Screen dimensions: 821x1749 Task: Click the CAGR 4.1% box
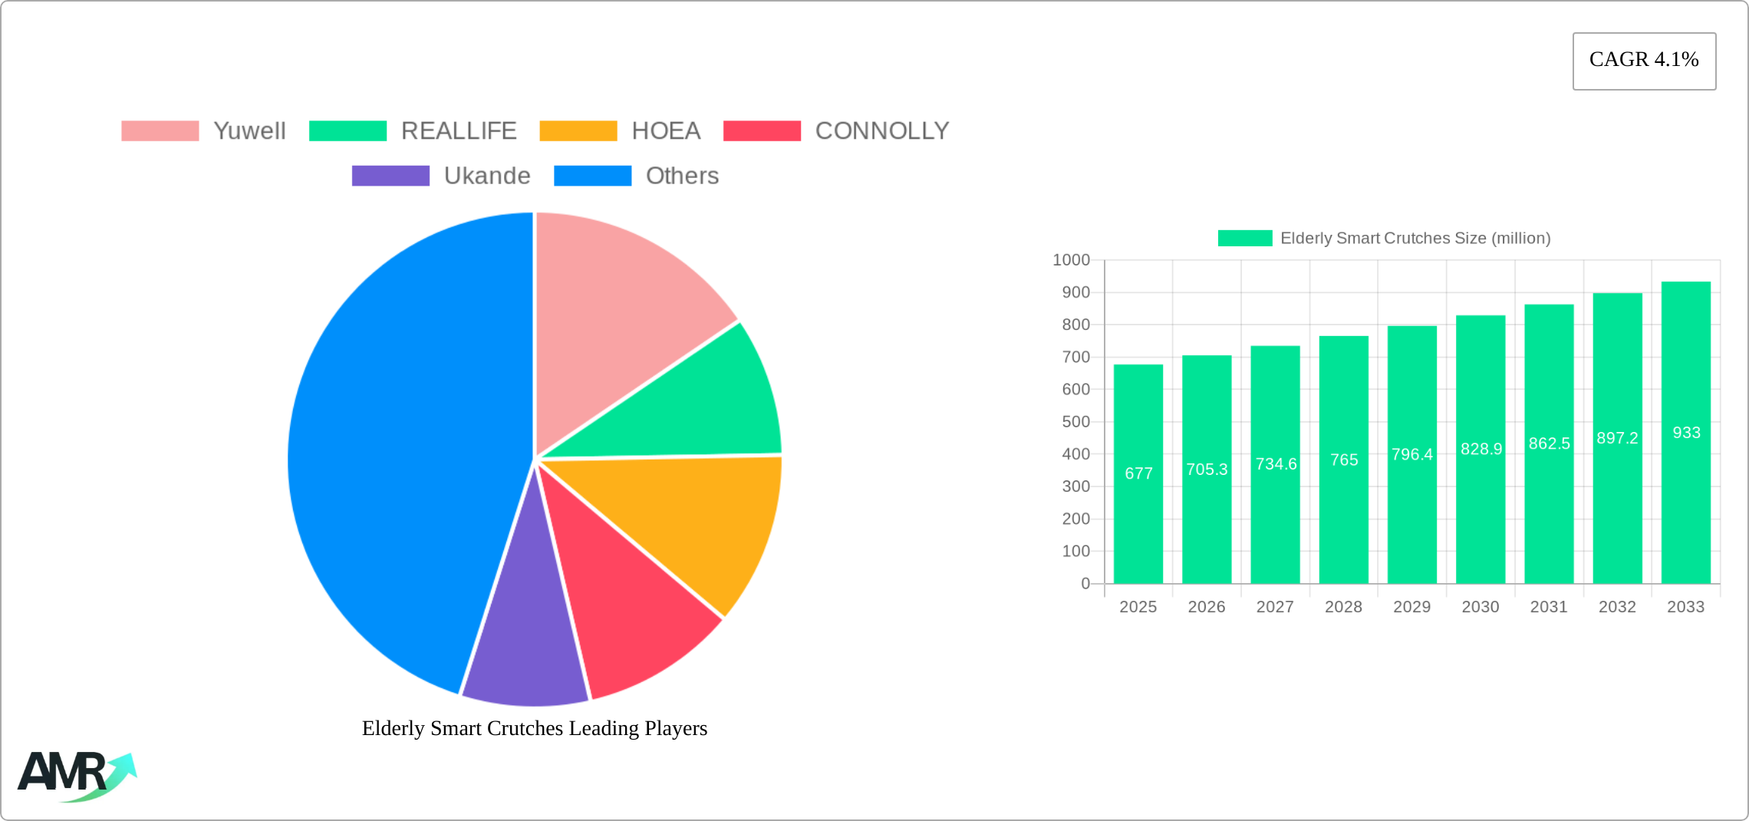click(1644, 61)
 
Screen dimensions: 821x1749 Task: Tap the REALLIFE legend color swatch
click(347, 131)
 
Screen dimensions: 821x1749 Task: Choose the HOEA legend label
click(666, 131)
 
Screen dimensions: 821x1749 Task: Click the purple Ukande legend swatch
click(390, 176)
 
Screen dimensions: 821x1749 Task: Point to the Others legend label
click(682, 176)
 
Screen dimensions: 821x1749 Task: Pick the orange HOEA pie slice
click(690, 522)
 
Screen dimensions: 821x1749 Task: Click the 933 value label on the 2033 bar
click(1686, 433)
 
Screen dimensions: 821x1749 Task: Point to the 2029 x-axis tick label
click(1411, 607)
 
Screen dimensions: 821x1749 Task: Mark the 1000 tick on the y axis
click(1071, 260)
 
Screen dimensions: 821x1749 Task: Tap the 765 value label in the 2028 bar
click(1344, 460)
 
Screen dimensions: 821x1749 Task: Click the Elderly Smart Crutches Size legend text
click(1415, 239)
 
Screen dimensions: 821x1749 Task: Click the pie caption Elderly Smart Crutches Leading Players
click(535, 728)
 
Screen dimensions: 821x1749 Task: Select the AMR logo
click(77, 775)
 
